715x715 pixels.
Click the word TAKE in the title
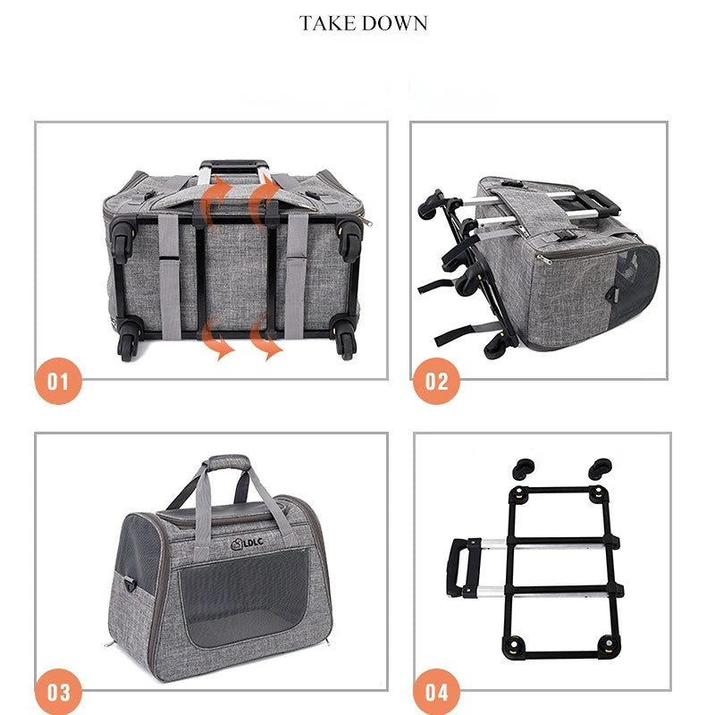[327, 23]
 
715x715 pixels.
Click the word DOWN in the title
[395, 23]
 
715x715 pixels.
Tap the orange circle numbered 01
[58, 381]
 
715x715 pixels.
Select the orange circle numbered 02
[436, 381]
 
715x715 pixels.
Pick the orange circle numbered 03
[58, 692]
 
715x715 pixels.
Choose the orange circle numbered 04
[436, 692]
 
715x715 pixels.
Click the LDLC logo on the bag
[248, 543]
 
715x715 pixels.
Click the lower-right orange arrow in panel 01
[265, 337]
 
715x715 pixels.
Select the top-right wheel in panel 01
[349, 240]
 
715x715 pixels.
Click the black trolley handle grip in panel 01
[232, 165]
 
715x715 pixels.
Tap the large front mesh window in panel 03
[245, 597]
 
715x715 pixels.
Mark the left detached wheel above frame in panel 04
[524, 469]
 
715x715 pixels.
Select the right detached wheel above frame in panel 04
[600, 469]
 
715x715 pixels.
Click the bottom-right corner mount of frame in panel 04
[607, 644]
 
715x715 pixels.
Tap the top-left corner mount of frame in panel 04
[518, 494]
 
